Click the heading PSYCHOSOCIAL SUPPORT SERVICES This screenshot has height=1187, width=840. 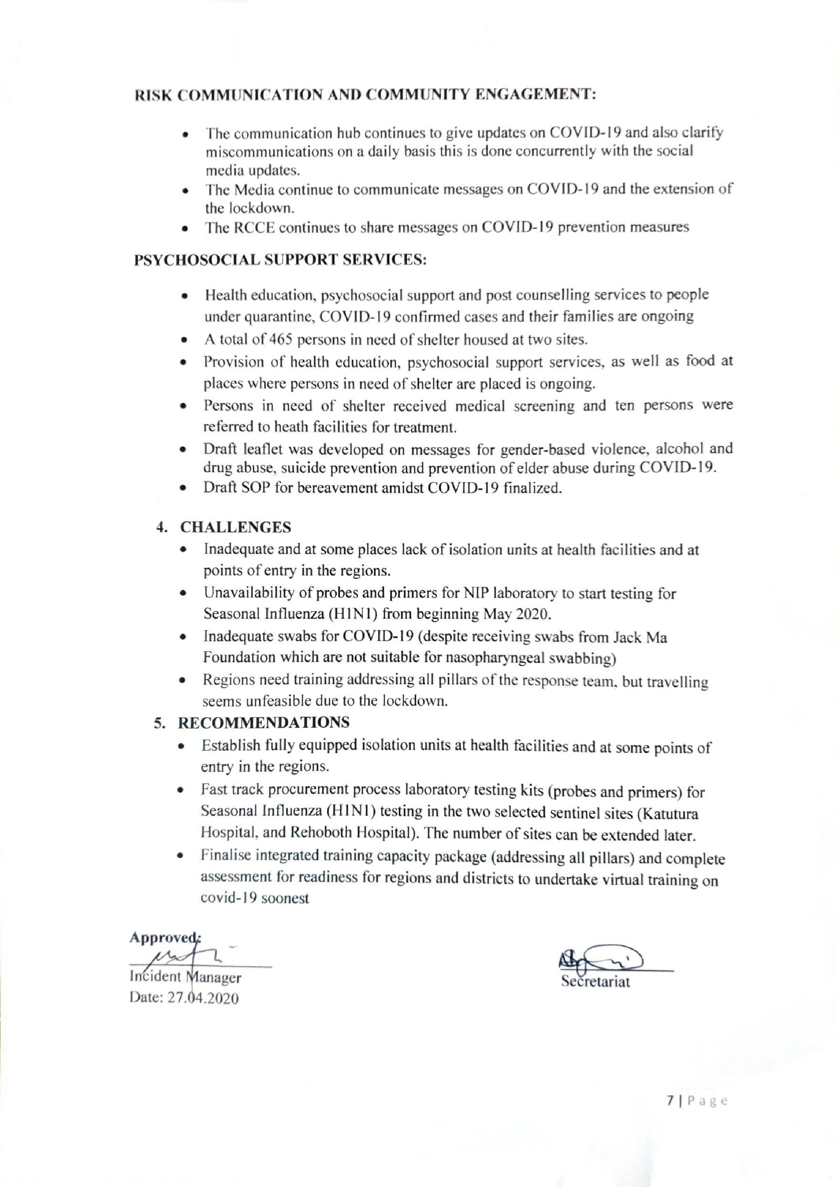280,259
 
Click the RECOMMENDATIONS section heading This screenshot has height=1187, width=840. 264,722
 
